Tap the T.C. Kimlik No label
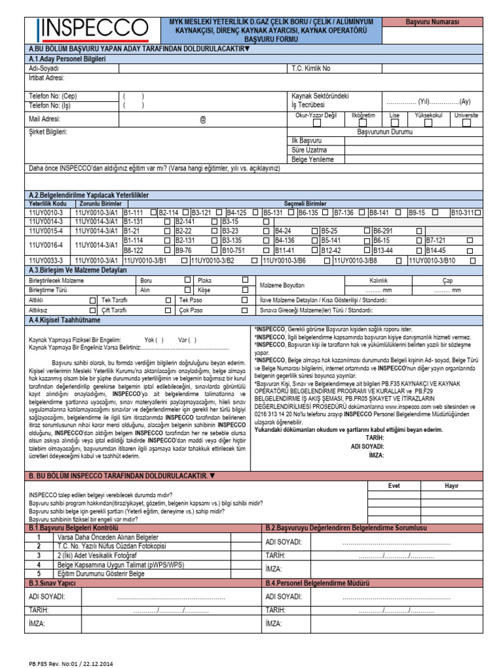click(x=311, y=68)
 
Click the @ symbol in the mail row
click(x=202, y=119)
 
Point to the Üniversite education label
click(x=466, y=115)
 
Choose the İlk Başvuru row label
click(x=307, y=140)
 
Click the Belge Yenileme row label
click(x=312, y=159)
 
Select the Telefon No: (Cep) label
click(x=53, y=96)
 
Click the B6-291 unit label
click(x=383, y=230)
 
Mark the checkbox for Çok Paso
click(x=245, y=310)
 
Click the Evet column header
click(x=395, y=485)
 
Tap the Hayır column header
click(x=451, y=485)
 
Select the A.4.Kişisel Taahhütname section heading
click(x=65, y=320)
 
